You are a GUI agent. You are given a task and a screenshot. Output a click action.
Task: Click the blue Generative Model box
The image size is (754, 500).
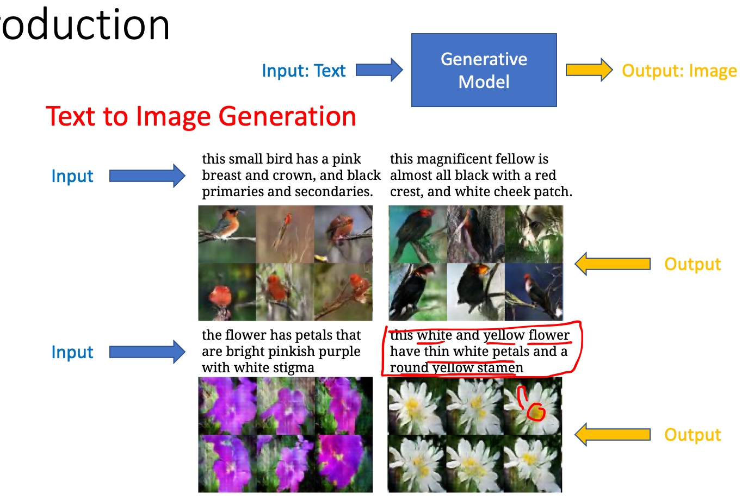484,70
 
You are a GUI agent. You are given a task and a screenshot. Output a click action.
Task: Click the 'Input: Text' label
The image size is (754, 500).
304,71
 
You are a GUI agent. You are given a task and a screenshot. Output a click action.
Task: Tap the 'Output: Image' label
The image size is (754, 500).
679,71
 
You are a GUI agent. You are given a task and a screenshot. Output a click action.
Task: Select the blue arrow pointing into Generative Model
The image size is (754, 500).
379,70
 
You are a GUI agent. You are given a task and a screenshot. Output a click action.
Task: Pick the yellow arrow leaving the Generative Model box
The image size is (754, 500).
589,70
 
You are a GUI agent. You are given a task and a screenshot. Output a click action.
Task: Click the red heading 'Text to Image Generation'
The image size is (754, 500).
201,116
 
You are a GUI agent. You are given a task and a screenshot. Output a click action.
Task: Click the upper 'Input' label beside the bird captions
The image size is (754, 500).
72,176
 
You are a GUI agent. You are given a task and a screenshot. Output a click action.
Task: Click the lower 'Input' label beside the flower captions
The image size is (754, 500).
72,352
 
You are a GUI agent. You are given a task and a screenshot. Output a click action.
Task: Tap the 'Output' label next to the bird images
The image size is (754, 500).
693,264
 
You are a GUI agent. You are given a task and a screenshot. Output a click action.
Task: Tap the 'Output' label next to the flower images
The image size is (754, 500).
693,435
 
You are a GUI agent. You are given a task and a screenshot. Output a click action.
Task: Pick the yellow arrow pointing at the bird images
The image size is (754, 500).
613,264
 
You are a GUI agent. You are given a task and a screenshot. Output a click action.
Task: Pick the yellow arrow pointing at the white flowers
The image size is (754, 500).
613,435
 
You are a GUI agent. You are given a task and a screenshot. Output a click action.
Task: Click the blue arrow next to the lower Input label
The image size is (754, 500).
147,352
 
